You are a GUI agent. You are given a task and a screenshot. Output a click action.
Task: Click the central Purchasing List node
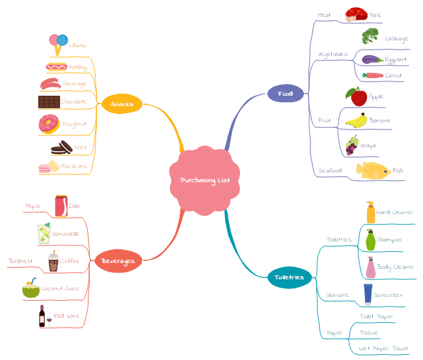pyautogui.click(x=204, y=180)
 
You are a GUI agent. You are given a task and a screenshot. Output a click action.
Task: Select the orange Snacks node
pyautogui.click(x=122, y=104)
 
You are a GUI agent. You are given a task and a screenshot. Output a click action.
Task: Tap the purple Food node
pyautogui.click(x=285, y=94)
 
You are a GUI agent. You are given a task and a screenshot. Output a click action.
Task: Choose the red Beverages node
pyautogui.click(x=118, y=261)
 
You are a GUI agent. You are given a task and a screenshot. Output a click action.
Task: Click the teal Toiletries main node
pyautogui.click(x=289, y=277)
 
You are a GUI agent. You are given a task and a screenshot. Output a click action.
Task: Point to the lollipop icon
pyautogui.click(x=59, y=44)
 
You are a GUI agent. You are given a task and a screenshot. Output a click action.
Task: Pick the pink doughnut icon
pyautogui.click(x=49, y=124)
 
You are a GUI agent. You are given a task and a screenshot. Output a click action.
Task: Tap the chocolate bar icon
pyautogui.click(x=49, y=102)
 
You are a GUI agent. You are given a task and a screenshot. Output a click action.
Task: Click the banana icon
pyautogui.click(x=356, y=120)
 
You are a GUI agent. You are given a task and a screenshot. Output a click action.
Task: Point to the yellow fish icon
pyautogui.click(x=372, y=171)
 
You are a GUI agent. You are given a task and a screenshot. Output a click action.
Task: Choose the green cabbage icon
pyautogui.click(x=370, y=36)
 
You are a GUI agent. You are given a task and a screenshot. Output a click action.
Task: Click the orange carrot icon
pyautogui.click(x=373, y=76)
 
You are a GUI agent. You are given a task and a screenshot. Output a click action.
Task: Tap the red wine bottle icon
pyautogui.click(x=42, y=316)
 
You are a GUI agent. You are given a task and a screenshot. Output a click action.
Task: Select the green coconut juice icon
pyautogui.click(x=31, y=288)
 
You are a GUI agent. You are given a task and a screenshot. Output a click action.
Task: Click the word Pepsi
pyautogui.click(x=33, y=206)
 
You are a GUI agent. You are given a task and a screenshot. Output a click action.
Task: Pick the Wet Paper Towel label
pyautogui.click(x=383, y=348)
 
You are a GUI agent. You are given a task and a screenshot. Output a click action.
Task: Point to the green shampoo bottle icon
pyautogui.click(x=370, y=240)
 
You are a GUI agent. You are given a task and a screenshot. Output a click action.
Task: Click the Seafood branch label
pyautogui.click(x=330, y=171)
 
